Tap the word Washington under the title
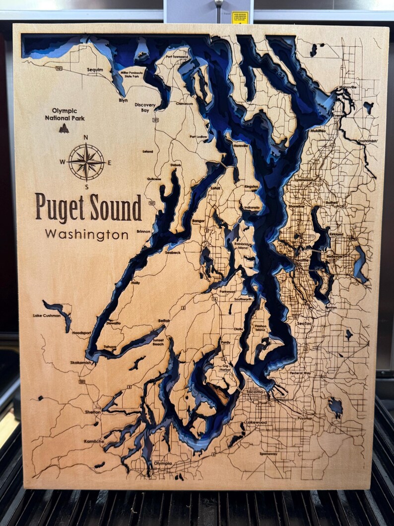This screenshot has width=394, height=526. point(87,234)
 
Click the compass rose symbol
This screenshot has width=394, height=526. point(86,161)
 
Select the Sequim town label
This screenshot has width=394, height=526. point(95,70)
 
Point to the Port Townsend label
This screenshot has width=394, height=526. point(177,57)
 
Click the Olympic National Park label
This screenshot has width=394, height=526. point(65,115)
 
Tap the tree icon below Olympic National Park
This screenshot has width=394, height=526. point(64,129)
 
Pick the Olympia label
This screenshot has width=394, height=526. point(163,463)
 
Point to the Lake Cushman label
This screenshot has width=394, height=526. point(47,315)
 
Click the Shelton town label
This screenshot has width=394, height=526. point(93,412)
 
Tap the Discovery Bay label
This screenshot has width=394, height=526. point(145,108)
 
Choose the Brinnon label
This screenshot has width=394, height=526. point(143,231)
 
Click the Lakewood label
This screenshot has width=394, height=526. point(257,422)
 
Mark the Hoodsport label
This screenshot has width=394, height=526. point(81,333)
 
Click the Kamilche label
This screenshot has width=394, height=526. point(94,441)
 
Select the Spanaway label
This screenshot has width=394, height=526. point(268,453)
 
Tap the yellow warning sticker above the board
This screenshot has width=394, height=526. point(240,17)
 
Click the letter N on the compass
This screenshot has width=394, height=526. point(86,138)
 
